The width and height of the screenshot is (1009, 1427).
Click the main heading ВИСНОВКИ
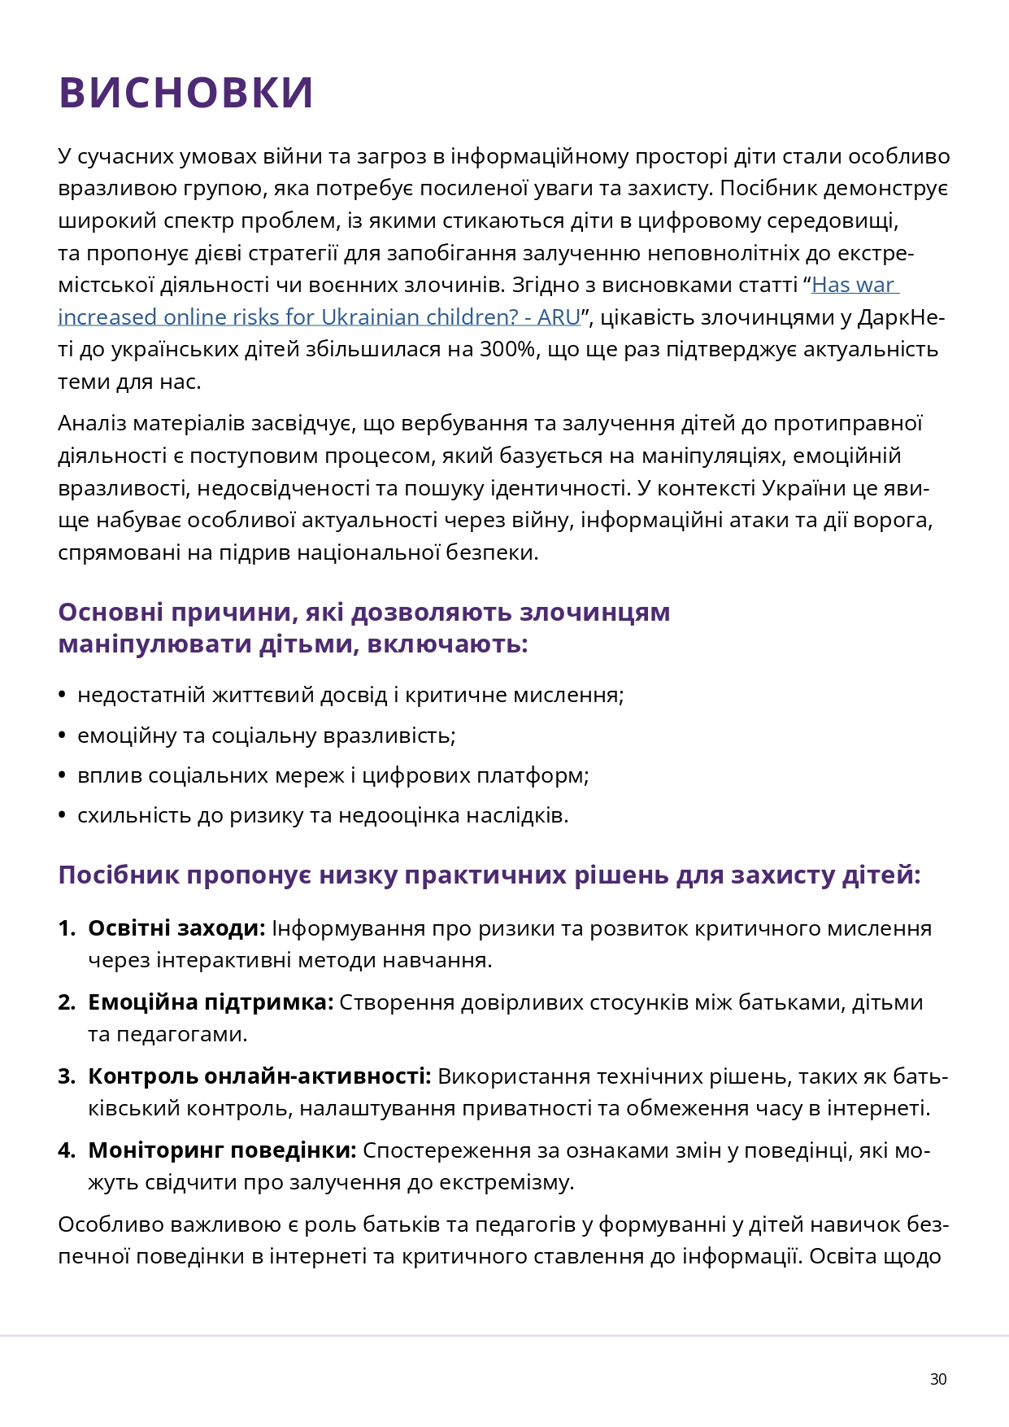tap(186, 92)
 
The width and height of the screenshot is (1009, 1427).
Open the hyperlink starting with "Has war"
tap(854, 286)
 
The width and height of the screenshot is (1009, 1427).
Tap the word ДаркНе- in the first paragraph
tap(901, 317)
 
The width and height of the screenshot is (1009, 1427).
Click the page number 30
tap(938, 1379)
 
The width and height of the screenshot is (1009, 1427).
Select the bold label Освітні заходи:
tap(176, 928)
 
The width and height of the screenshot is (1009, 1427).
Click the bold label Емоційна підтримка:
tap(211, 1002)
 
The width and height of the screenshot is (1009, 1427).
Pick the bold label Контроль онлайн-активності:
tap(259, 1076)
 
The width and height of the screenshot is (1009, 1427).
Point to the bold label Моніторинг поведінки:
tap(222, 1150)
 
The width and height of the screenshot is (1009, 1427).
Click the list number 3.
tap(66, 1076)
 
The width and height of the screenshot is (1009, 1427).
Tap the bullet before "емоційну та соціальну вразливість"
tap(62, 735)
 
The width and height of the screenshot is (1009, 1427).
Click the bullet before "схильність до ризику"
tap(62, 815)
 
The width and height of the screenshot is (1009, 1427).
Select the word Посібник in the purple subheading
tap(119, 875)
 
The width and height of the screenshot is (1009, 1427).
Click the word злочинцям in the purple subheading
tap(594, 612)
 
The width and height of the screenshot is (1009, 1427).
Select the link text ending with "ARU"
tap(319, 317)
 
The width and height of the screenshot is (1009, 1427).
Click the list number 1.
tap(66, 928)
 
